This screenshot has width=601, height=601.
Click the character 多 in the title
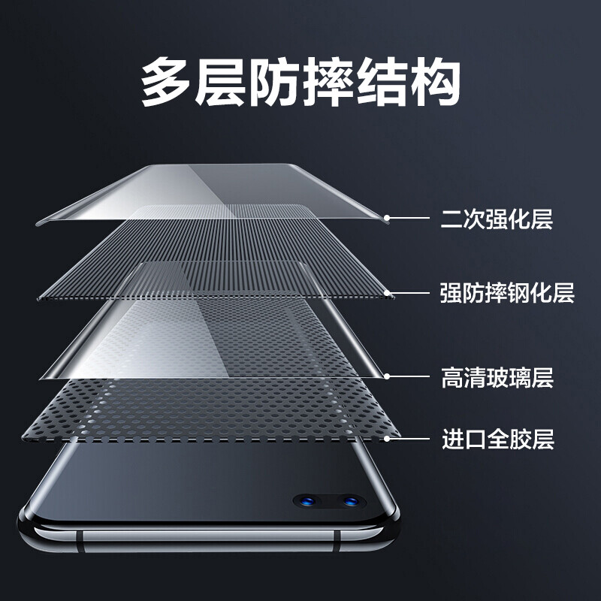tap(166, 82)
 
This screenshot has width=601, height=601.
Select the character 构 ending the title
tap(436, 82)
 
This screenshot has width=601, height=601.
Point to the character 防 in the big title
tap(274, 82)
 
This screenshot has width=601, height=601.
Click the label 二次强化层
tap(497, 219)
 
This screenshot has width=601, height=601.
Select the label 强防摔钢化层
tap(507, 293)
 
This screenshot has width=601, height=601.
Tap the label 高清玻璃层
tap(497, 378)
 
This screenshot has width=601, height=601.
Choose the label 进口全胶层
tap(498, 439)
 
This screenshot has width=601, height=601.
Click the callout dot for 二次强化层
tap(387, 218)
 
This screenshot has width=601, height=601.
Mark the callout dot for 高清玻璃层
tap(387, 376)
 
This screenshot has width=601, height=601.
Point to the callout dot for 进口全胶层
tap(387, 439)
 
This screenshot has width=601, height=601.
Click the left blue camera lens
tap(307, 500)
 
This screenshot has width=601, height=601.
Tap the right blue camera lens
tap(350, 500)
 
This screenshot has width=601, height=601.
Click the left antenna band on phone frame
tap(80, 541)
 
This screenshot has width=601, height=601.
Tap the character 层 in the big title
tap(220, 82)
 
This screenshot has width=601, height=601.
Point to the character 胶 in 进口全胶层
tap(521, 439)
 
